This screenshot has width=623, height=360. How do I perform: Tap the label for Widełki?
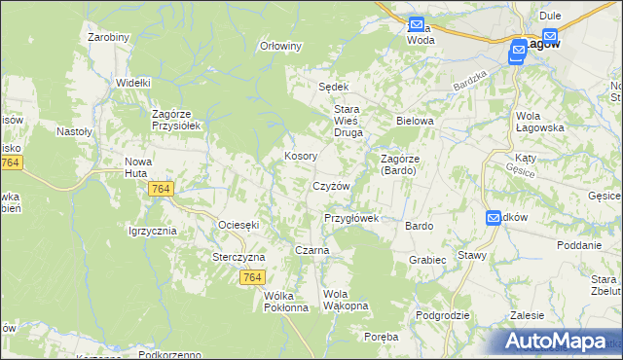(132, 83)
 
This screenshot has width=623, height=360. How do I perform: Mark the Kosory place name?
(300, 156)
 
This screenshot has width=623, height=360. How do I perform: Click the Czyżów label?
(330, 186)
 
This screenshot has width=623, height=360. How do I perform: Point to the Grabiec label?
(427, 260)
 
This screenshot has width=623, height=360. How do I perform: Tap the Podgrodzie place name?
(443, 315)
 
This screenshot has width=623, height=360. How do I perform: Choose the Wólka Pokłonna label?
(286, 301)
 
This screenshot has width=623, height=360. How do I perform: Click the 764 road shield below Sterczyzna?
(252, 277)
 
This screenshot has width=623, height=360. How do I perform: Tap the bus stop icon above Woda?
(416, 24)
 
